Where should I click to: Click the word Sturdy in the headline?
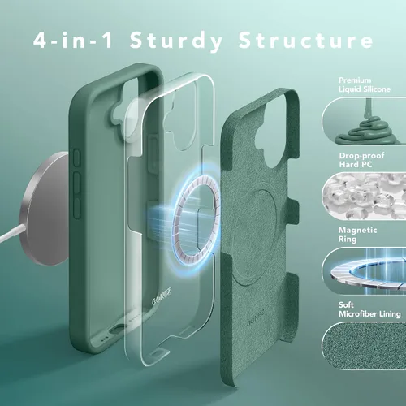click(176, 41)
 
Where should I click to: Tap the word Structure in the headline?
click(305, 40)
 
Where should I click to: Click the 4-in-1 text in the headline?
click(72, 41)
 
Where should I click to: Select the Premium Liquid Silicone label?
click(365, 84)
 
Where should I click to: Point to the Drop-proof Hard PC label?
click(361, 160)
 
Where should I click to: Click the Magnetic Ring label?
click(357, 235)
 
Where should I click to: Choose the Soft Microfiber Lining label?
click(369, 309)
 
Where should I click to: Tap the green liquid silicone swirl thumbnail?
click(364, 121)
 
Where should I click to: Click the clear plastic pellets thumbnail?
click(364, 196)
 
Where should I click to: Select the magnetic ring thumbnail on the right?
click(364, 270)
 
